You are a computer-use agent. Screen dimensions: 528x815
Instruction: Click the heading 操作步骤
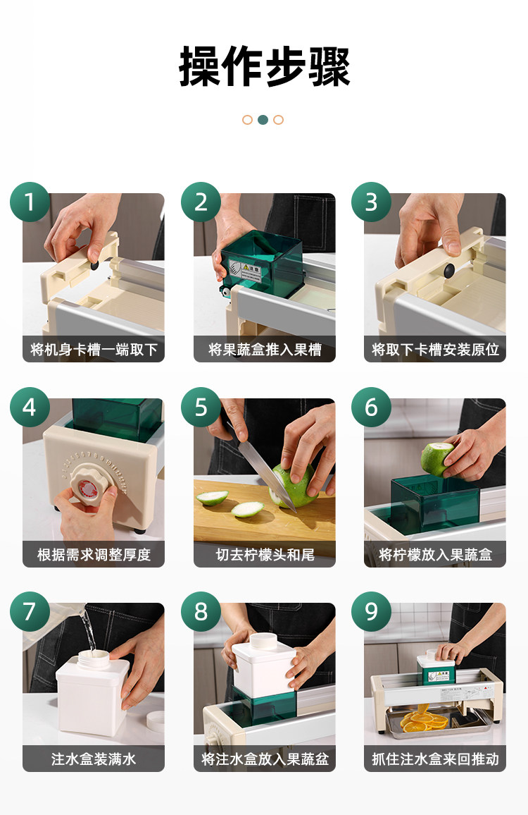[264, 66]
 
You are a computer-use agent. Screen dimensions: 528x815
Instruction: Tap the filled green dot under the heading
[263, 120]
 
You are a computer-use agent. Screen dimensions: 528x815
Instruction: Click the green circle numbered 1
[30, 202]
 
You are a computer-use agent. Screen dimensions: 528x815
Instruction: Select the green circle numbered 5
[201, 407]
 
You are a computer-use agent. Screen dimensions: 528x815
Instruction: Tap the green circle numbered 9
[371, 611]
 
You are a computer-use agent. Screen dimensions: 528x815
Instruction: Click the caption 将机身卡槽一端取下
[94, 350]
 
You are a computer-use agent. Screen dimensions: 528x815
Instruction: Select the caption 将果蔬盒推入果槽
[265, 350]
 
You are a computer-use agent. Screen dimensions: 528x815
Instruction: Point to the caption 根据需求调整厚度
[94, 555]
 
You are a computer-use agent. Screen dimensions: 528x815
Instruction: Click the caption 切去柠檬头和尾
[265, 555]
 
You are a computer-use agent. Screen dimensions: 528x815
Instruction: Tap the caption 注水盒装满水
[94, 759]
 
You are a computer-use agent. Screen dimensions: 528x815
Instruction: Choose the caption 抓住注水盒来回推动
[435, 759]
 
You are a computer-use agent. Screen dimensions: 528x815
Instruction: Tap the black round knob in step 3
[448, 270]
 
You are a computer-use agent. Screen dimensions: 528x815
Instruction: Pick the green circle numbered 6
[371, 407]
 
